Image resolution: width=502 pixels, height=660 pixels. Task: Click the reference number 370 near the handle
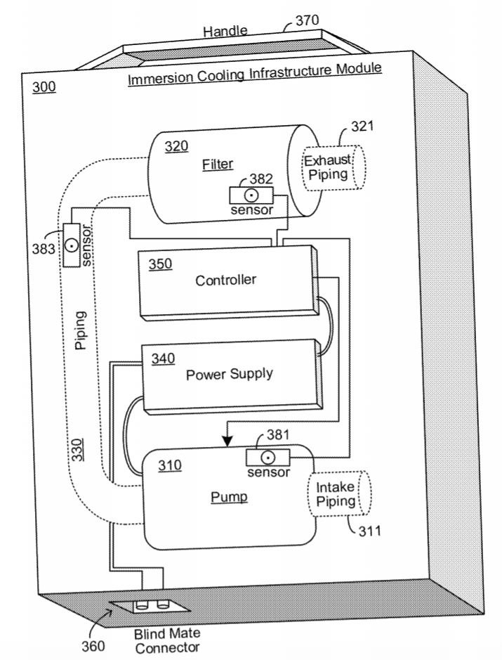click(x=307, y=21)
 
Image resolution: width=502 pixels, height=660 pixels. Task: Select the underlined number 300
click(x=44, y=89)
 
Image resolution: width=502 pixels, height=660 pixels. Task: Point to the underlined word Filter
click(x=218, y=164)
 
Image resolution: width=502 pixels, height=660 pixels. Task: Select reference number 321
click(x=362, y=127)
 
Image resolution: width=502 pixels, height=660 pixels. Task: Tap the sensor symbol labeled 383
click(x=71, y=245)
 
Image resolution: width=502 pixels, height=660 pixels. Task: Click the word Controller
click(x=225, y=280)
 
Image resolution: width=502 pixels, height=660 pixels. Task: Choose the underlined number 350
click(x=160, y=264)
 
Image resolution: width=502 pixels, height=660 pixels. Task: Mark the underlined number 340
click(x=163, y=358)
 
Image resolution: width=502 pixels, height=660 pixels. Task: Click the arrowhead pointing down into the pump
click(x=227, y=441)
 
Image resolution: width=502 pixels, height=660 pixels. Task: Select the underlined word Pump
click(x=229, y=497)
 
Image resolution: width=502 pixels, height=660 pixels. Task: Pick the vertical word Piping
click(x=81, y=332)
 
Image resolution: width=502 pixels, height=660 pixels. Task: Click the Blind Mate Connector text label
click(x=167, y=640)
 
